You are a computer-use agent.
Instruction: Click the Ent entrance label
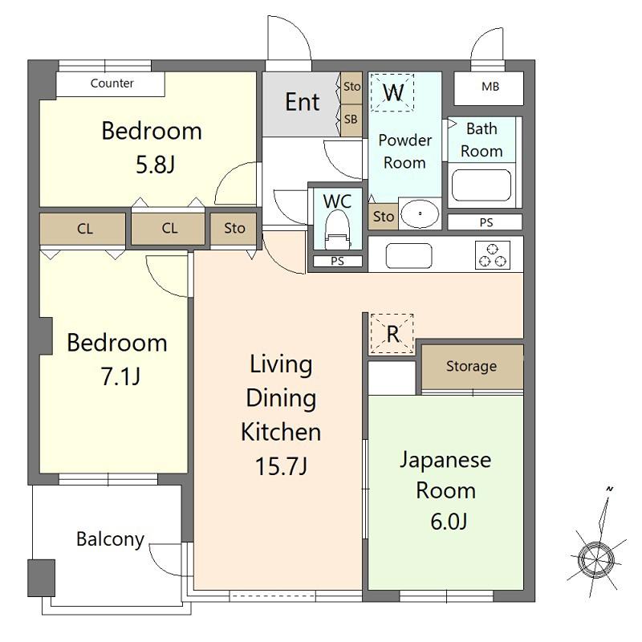click(x=303, y=102)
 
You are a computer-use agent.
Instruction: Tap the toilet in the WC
click(x=337, y=230)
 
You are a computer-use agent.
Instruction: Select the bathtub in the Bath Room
click(x=481, y=185)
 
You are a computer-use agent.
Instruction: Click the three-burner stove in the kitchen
click(x=493, y=254)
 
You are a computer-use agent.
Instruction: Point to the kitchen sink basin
click(x=408, y=255)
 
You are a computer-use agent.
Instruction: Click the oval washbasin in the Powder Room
click(x=420, y=213)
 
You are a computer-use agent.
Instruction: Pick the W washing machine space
click(x=392, y=92)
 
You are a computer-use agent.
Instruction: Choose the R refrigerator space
click(x=392, y=334)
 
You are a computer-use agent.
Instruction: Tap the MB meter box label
click(x=490, y=87)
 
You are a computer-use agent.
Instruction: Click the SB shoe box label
click(x=351, y=119)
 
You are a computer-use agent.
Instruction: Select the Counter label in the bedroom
click(x=112, y=83)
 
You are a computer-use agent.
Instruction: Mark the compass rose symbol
click(x=596, y=559)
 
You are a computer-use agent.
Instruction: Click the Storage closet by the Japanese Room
click(x=472, y=367)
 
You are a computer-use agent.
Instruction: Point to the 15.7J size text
click(x=282, y=466)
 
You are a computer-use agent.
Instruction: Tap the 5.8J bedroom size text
click(x=155, y=165)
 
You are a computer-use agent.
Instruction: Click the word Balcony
click(x=110, y=539)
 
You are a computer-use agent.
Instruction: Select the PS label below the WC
click(x=337, y=261)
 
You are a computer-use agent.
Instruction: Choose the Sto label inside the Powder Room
click(x=384, y=216)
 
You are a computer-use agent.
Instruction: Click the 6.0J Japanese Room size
click(x=449, y=521)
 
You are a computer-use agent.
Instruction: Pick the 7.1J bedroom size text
click(x=120, y=376)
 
